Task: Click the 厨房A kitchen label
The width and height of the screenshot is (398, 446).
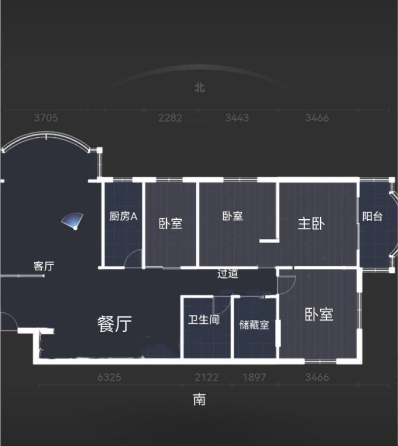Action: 123,216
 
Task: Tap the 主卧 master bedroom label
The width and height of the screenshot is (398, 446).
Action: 311,223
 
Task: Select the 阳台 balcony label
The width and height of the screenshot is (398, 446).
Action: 372,216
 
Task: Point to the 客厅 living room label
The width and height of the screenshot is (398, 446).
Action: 44,266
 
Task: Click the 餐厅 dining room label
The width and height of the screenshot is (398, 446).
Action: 114,324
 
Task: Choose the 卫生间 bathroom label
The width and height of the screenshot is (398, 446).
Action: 203,319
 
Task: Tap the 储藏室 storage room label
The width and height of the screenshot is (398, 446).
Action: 254,324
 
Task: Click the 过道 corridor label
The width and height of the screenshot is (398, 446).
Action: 228,273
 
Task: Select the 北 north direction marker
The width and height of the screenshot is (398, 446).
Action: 199,87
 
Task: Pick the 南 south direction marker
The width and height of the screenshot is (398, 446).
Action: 199,399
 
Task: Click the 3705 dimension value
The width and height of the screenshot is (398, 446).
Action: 46,118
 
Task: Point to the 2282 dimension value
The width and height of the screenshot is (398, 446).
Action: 170,118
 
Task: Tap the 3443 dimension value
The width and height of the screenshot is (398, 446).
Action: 237,118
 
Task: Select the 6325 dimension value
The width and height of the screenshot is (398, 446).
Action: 109,377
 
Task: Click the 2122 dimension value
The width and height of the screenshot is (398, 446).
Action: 207,377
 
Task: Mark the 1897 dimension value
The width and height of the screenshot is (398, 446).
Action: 254,377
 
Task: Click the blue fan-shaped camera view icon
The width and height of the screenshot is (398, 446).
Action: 73,221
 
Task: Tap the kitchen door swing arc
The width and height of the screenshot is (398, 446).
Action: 133,258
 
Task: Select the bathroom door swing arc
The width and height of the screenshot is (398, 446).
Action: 222,305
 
